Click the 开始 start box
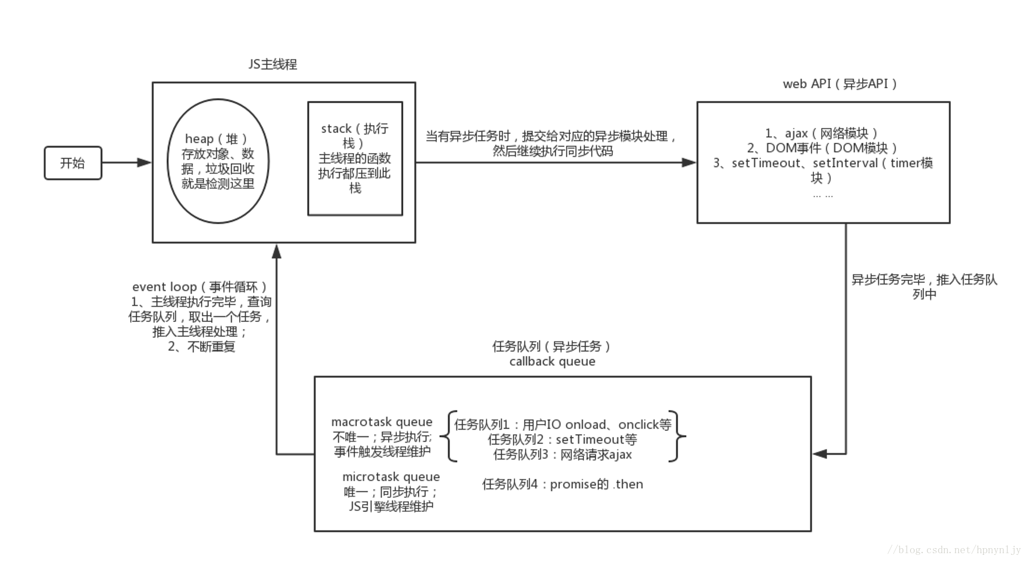[x=73, y=163]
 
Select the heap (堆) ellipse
[x=218, y=161]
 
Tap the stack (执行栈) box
[x=355, y=158]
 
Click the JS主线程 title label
[x=273, y=64]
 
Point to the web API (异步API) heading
[x=839, y=84]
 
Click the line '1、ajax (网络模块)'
[x=821, y=133]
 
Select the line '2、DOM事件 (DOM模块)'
[x=822, y=148]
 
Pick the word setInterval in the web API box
[x=845, y=163]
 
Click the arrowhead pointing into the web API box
[x=689, y=163]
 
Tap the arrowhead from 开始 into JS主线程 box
[x=145, y=163]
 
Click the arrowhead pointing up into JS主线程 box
[x=276, y=251]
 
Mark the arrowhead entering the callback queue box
[x=820, y=454]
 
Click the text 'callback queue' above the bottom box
[x=552, y=362]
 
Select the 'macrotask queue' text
[x=382, y=422]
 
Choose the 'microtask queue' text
[x=391, y=477]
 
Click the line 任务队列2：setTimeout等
[x=562, y=440]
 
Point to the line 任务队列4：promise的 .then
[x=562, y=484]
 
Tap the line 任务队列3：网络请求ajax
[x=562, y=454]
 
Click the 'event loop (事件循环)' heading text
[x=199, y=287]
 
